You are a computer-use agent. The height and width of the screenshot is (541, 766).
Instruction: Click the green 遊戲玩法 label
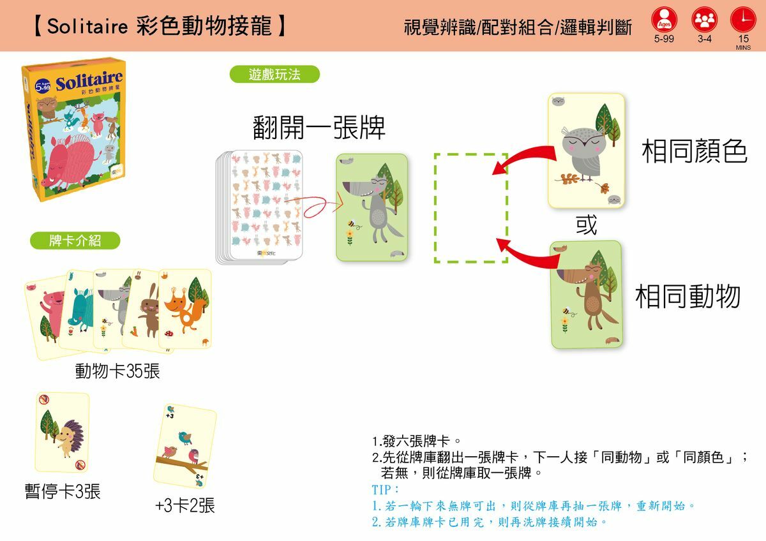(x=274, y=75)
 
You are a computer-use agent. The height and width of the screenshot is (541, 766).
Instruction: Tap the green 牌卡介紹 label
(x=75, y=241)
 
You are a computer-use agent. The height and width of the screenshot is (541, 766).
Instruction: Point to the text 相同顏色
(x=695, y=152)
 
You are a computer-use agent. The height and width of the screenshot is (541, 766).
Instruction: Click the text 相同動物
(x=688, y=296)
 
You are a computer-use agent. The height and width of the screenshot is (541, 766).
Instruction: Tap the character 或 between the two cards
(x=586, y=225)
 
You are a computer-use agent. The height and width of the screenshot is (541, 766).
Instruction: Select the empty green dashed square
(x=470, y=207)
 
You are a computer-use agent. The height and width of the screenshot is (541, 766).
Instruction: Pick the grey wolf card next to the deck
(x=372, y=207)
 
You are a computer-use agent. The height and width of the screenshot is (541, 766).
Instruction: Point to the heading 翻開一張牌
(x=319, y=128)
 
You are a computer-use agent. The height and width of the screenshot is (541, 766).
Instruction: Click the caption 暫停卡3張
(x=63, y=492)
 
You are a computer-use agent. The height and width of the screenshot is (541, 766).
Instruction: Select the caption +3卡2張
(x=185, y=506)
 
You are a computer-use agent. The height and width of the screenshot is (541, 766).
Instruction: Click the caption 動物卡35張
(x=117, y=371)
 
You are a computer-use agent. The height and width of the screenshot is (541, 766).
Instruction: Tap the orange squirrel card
(x=186, y=309)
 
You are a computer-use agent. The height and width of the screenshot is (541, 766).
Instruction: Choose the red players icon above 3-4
(x=704, y=19)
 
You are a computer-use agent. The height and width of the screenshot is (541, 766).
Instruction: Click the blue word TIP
(x=385, y=489)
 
